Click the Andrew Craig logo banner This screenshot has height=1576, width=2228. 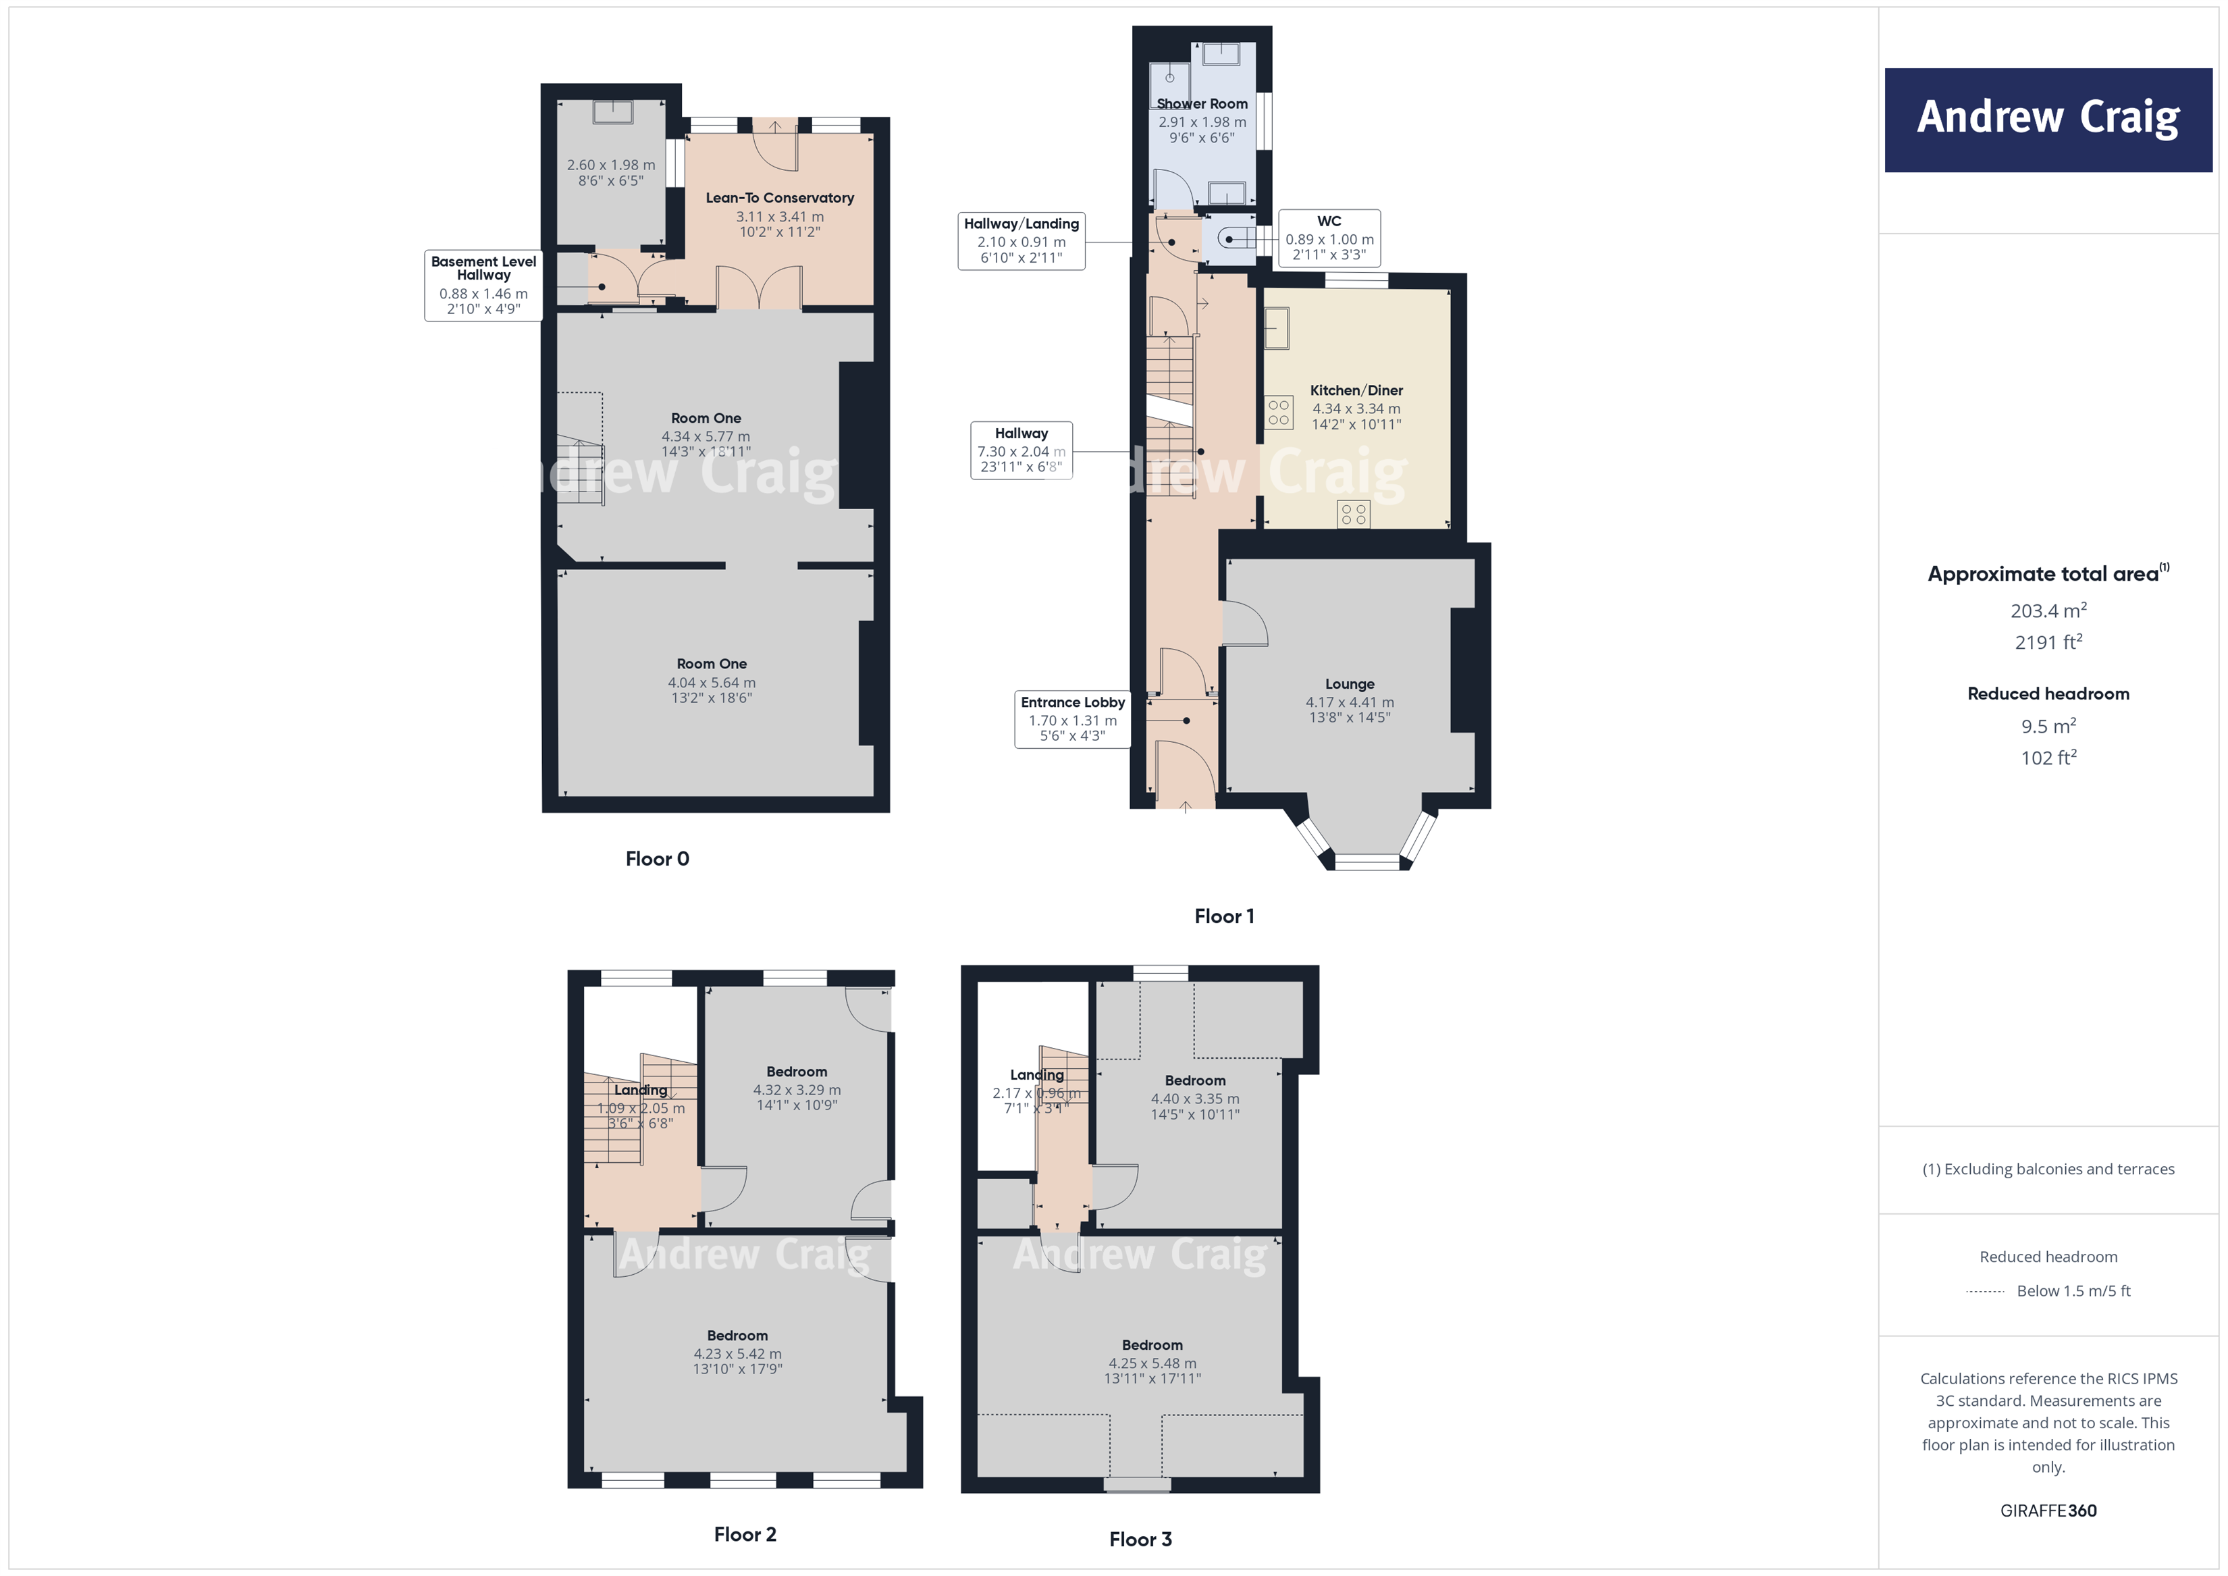[x=2048, y=120]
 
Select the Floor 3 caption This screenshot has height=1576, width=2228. [x=1140, y=1539]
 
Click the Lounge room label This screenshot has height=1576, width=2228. [x=1349, y=684]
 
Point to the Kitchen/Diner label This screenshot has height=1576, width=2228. [x=1356, y=390]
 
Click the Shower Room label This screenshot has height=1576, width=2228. [x=1201, y=104]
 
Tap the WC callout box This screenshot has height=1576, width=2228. [x=1329, y=238]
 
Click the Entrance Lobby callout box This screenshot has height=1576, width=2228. [x=1072, y=718]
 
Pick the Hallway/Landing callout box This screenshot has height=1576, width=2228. [x=1021, y=240]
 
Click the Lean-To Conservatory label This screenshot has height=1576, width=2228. [x=779, y=198]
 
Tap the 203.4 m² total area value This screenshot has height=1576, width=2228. [x=2048, y=610]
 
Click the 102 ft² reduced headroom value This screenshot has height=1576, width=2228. [x=2048, y=758]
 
